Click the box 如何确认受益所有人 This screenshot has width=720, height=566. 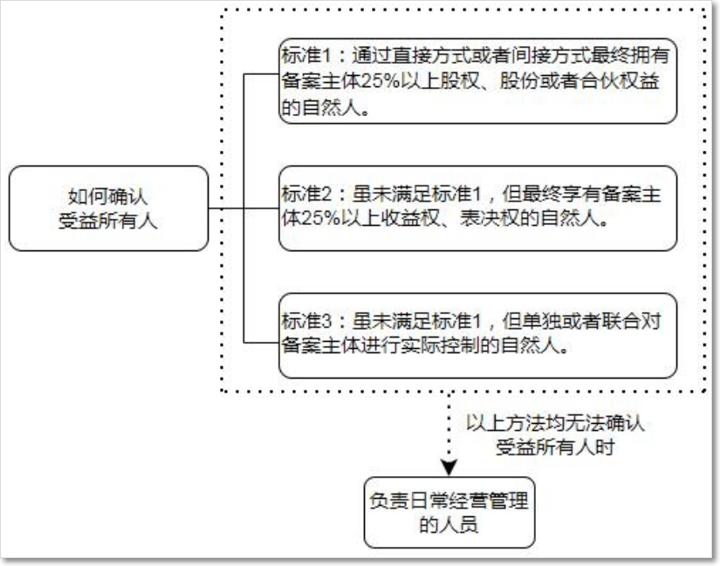click(108, 208)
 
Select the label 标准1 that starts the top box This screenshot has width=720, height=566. click(305, 56)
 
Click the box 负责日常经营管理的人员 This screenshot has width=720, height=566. click(449, 512)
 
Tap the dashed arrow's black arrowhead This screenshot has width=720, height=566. click(449, 467)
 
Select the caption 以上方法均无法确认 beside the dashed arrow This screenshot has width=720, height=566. click(555, 423)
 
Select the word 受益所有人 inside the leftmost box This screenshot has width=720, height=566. click(108, 221)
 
